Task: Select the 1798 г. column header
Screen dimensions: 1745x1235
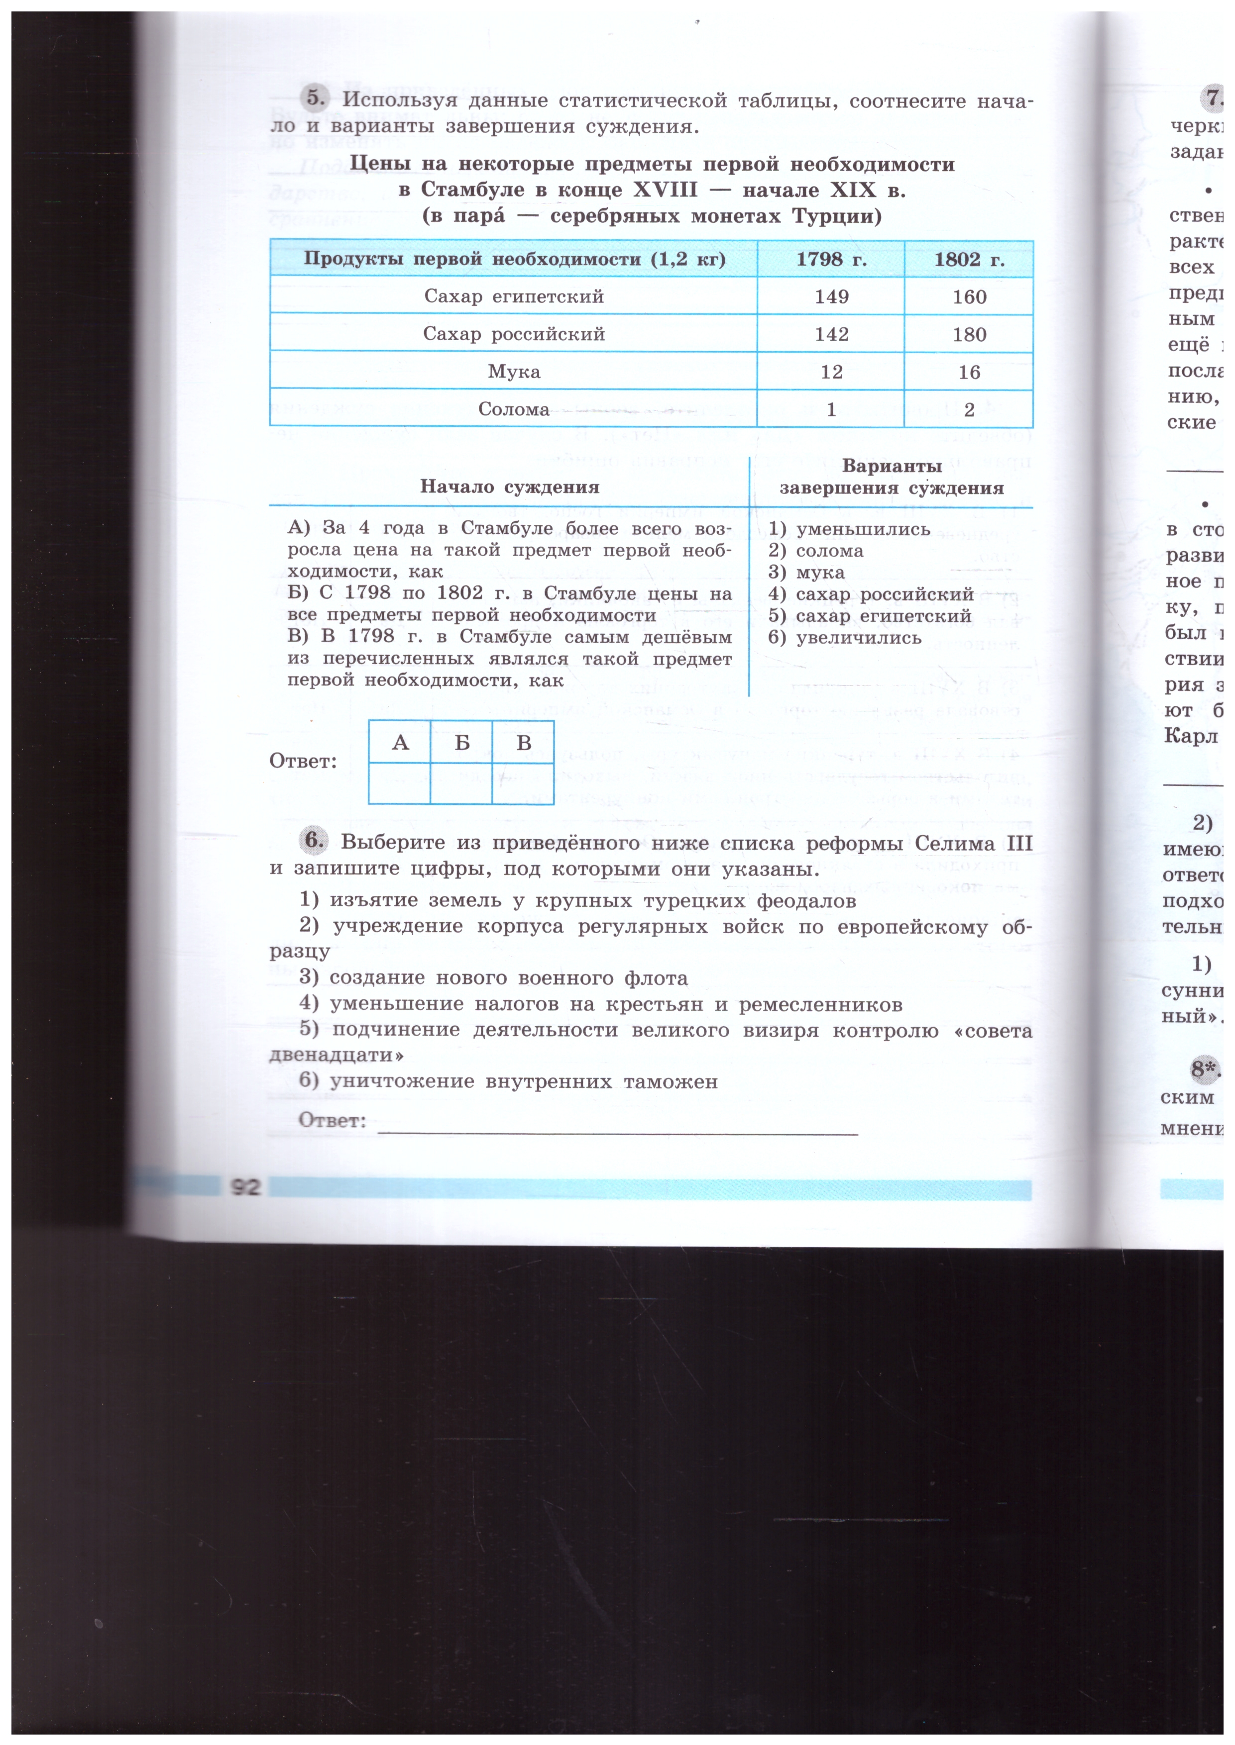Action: coord(831,259)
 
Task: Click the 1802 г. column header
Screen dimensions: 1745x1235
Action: coord(969,259)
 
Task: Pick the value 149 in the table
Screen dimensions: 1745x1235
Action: coord(831,296)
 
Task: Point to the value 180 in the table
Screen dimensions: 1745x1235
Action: coord(969,334)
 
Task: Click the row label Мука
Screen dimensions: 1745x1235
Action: coord(514,372)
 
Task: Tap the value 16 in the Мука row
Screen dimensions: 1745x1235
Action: coord(969,372)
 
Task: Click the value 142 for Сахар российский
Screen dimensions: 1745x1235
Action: coord(831,334)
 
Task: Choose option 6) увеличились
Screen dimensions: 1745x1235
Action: coord(845,638)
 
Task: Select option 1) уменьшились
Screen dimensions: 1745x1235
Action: coord(849,529)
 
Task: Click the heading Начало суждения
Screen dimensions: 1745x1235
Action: coord(510,486)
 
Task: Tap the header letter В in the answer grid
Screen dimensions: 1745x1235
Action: coord(523,743)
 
